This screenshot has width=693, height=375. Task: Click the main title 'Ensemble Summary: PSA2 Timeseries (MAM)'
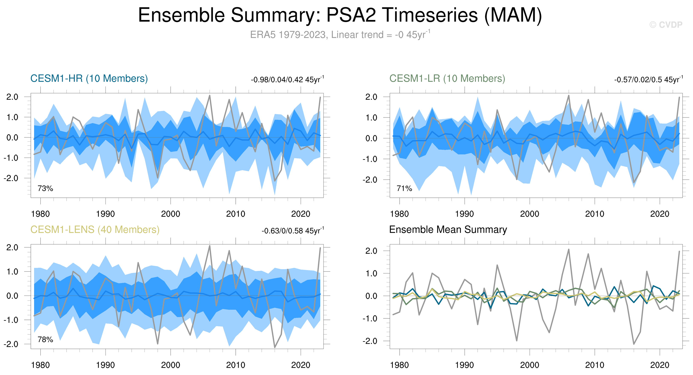click(x=340, y=15)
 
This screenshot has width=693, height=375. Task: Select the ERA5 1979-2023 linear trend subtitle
click(x=340, y=35)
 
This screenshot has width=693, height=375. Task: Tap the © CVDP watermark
click(x=666, y=25)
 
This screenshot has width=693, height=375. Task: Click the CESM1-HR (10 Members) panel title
click(x=89, y=79)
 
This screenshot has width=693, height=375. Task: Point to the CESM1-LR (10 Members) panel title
click(x=447, y=79)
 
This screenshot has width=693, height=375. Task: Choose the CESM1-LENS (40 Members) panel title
click(x=95, y=230)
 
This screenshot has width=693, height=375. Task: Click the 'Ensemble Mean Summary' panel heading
click(x=448, y=230)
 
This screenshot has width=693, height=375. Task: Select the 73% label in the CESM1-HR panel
click(x=45, y=188)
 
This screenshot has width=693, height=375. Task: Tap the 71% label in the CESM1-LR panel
click(x=404, y=188)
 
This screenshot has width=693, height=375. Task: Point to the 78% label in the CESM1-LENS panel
click(x=45, y=339)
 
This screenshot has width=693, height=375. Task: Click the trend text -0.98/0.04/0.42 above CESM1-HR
click(x=287, y=80)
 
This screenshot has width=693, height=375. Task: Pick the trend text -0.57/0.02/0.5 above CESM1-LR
click(x=648, y=80)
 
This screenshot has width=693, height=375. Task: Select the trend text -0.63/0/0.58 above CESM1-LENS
click(x=292, y=231)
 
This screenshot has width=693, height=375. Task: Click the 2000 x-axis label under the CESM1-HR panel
click(x=171, y=214)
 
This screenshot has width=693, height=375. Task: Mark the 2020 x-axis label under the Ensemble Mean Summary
click(x=660, y=365)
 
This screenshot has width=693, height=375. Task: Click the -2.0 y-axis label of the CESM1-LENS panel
click(x=11, y=344)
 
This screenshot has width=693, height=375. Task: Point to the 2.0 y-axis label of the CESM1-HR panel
click(x=12, y=97)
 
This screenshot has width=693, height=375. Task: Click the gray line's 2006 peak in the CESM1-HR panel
click(x=210, y=96)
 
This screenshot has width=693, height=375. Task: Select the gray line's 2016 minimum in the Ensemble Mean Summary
click(x=634, y=344)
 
